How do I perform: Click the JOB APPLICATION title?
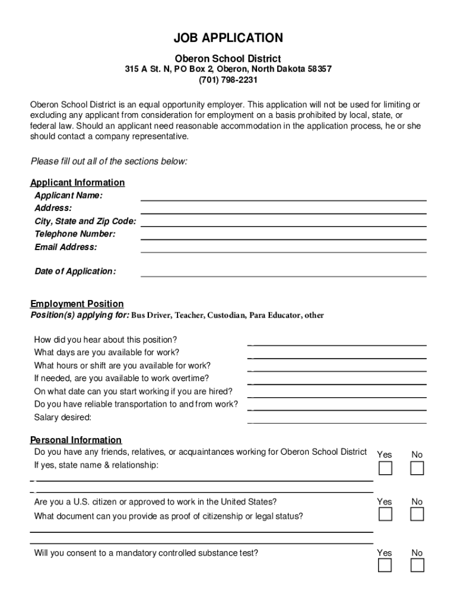point(228,39)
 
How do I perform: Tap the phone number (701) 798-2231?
point(228,80)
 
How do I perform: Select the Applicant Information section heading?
point(77,183)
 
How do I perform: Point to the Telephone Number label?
point(75,234)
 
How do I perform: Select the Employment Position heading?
point(77,304)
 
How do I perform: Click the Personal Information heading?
point(76,440)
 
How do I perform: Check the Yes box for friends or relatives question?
point(385,468)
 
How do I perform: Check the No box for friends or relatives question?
point(417,468)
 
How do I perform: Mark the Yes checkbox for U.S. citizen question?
point(385,515)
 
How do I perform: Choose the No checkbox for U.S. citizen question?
point(417,515)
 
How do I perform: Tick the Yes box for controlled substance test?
point(385,566)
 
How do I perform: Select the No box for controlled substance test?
point(417,566)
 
